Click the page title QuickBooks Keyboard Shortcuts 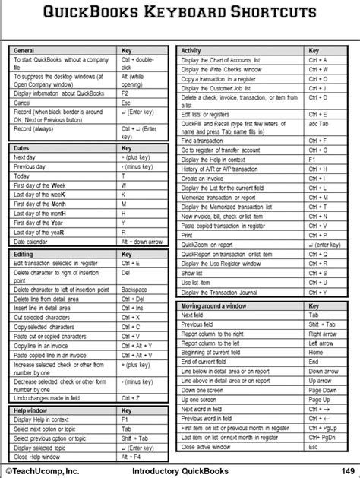(x=180, y=13)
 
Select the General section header (x=25, y=50)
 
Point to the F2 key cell (x=126, y=93)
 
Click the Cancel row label (x=23, y=103)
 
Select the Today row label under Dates (x=22, y=176)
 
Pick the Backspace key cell (x=134, y=290)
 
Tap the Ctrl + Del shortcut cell (x=132, y=299)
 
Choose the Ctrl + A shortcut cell (x=318, y=60)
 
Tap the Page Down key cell (x=323, y=390)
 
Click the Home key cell (x=315, y=353)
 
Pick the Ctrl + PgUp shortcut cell (x=323, y=429)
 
